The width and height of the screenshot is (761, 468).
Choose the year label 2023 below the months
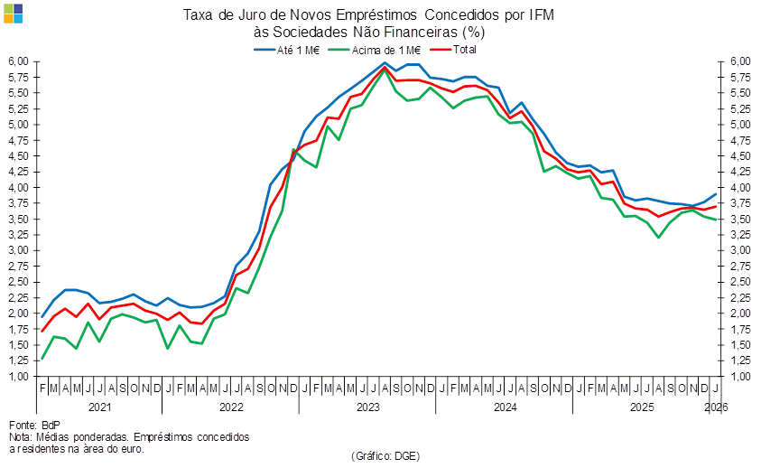click(x=367, y=407)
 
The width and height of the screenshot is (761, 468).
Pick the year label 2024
click(x=504, y=407)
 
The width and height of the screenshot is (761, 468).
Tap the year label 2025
click(x=641, y=407)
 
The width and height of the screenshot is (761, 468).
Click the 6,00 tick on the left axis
click(x=20, y=61)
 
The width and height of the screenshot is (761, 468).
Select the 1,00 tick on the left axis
click(x=20, y=377)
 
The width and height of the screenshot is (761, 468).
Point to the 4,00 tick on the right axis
click(x=739, y=187)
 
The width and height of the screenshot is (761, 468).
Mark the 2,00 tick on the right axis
click(x=739, y=314)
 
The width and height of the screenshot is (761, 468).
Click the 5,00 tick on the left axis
click(x=20, y=125)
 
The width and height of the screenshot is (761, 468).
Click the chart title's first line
click(x=368, y=14)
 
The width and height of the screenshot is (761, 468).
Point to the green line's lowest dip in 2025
click(x=660, y=237)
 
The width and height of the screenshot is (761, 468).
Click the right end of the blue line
click(x=717, y=194)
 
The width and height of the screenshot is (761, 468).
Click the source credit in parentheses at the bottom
click(x=385, y=455)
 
